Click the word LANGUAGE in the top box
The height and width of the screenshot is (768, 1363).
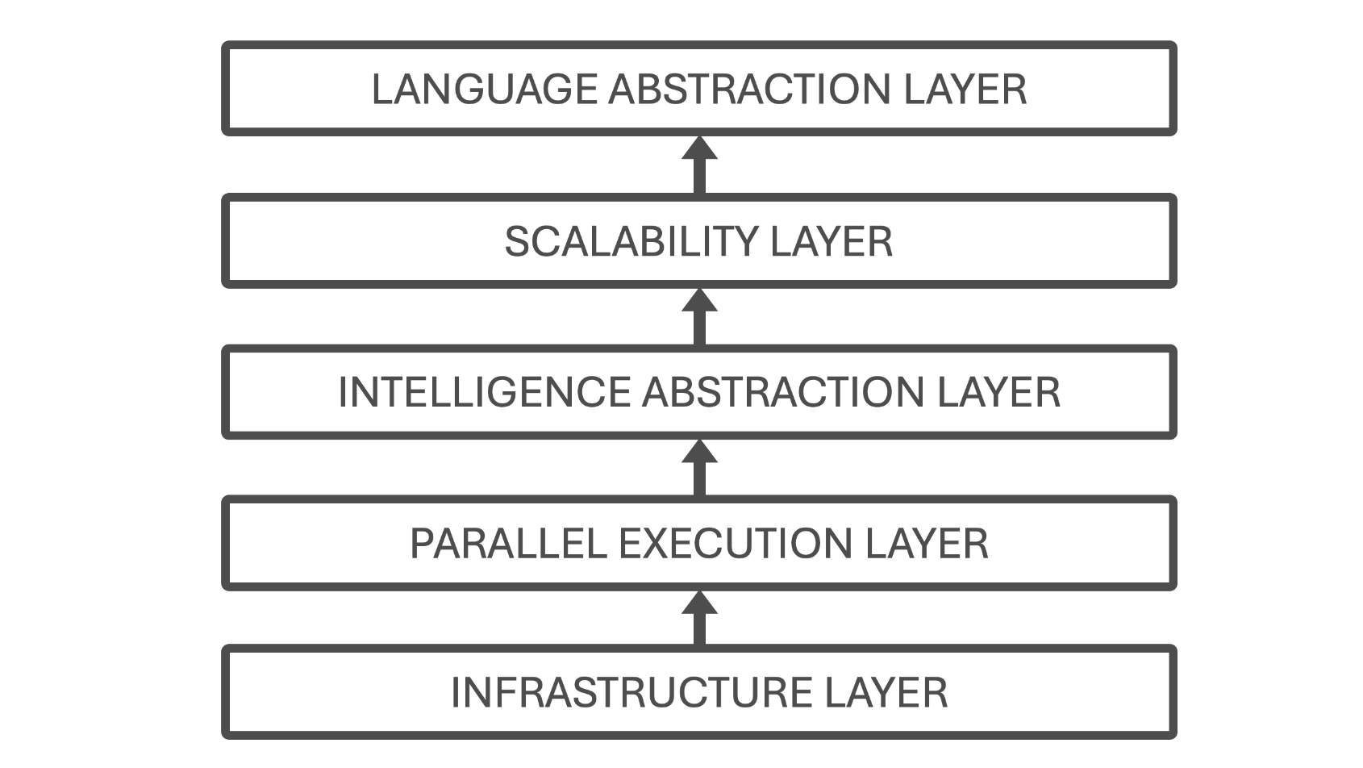pyautogui.click(x=484, y=89)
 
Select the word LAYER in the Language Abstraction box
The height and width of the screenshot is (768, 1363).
pyautogui.click(x=965, y=89)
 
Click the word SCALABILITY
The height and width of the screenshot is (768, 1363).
pyautogui.click(x=631, y=241)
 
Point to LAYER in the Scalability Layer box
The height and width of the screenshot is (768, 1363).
pyautogui.click(x=832, y=241)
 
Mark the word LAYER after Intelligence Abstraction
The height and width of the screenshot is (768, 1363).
pyautogui.click(x=998, y=393)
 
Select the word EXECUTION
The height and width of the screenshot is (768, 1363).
pyautogui.click(x=736, y=544)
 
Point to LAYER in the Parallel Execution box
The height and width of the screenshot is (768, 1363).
pyautogui.click(x=927, y=544)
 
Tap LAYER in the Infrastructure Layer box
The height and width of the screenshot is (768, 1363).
pyautogui.click(x=886, y=693)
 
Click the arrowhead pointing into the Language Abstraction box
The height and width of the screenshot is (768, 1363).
pyautogui.click(x=699, y=148)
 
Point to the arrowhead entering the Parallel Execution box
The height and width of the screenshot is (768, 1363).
pyautogui.click(x=699, y=603)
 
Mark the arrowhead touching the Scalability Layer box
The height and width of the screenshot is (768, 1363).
pyautogui.click(x=699, y=301)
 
